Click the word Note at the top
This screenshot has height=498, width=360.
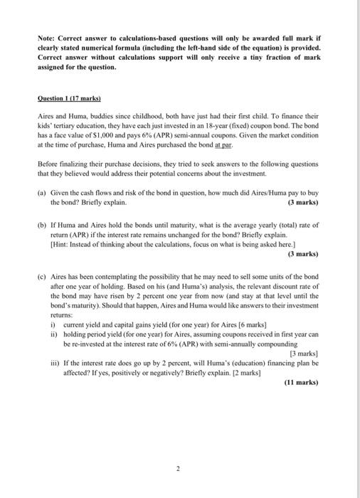48,34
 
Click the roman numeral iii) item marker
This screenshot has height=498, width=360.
54,362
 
